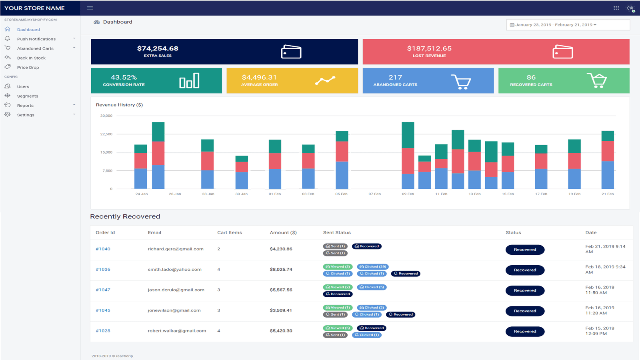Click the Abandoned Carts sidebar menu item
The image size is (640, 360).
tap(35, 48)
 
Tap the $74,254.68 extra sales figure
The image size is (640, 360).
tap(158, 48)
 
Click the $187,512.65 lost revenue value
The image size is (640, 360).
tap(429, 48)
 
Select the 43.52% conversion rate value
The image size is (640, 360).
tap(124, 77)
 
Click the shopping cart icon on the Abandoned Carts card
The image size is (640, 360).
tap(461, 82)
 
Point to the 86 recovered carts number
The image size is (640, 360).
tap(531, 77)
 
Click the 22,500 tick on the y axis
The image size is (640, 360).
tap(106, 134)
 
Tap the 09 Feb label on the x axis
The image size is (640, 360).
tap(408, 194)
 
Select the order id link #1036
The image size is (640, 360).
tap(103, 270)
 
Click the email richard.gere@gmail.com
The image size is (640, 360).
tap(176, 249)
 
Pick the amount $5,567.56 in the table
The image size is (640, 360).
tap(281, 290)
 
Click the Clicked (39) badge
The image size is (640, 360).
tap(373, 267)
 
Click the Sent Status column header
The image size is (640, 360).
tap(337, 232)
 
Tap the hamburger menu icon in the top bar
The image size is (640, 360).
tap(90, 8)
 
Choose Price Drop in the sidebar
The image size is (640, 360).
tap(28, 68)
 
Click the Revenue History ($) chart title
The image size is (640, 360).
tap(119, 105)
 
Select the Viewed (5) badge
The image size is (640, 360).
tap(338, 328)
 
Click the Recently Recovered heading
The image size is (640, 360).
tap(125, 216)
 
